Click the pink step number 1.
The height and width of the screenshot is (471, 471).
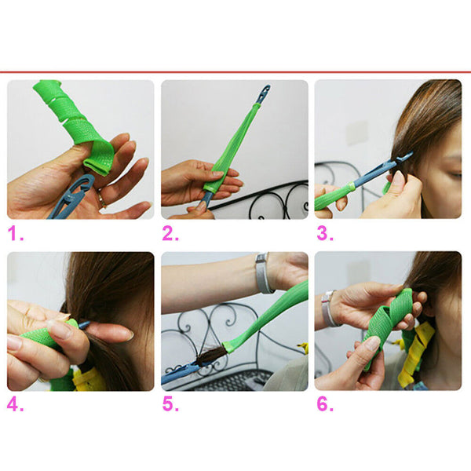(x=14, y=233)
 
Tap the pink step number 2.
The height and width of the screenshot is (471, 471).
(x=168, y=233)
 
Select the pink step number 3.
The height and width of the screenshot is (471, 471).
(x=322, y=233)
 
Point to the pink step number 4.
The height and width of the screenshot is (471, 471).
(x=14, y=406)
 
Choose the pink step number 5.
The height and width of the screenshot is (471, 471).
(x=168, y=406)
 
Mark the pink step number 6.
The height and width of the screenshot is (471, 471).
(x=322, y=406)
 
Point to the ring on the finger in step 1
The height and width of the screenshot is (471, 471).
(x=100, y=201)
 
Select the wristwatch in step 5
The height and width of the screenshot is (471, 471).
(x=263, y=272)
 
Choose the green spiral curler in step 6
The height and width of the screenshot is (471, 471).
(x=389, y=322)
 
